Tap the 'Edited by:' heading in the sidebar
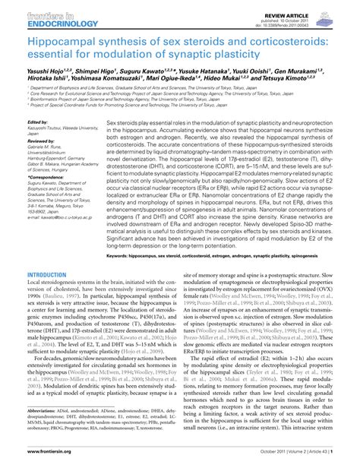coord(37,122)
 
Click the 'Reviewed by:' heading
coord(41,141)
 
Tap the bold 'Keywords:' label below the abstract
coord(123,257)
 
